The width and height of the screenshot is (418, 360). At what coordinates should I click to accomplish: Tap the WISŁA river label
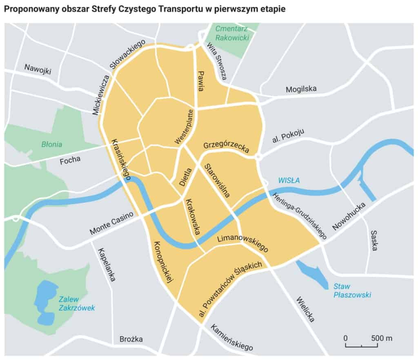tap(289, 180)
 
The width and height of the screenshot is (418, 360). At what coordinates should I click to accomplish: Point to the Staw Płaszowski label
tap(351, 291)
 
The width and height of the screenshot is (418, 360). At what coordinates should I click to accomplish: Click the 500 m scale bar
tap(361, 346)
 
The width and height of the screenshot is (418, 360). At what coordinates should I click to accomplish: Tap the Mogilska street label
tap(301, 89)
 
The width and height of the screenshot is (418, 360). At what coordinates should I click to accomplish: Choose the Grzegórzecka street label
tap(226, 147)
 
